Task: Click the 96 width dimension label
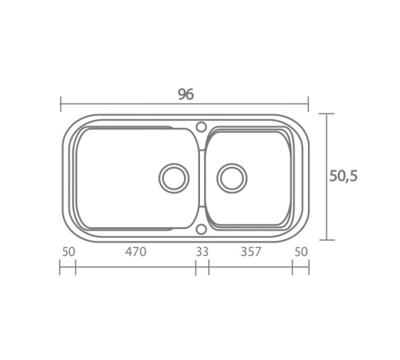coord(186,94)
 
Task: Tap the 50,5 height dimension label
coord(343,176)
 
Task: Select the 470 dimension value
coord(136,251)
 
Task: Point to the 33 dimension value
coord(202,251)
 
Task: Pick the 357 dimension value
coord(250,251)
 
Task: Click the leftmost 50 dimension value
coord(69,252)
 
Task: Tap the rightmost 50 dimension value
coord(301,252)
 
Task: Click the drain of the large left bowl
coord(174,178)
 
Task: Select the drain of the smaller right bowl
coord(232,178)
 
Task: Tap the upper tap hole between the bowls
coord(202,126)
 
